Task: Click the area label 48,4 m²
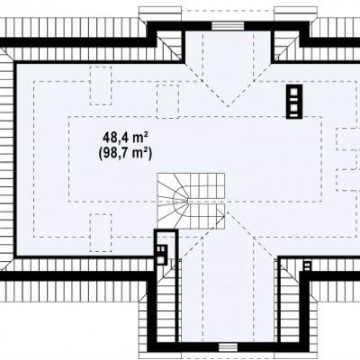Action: pos(125,138)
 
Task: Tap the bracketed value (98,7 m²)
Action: pos(125,153)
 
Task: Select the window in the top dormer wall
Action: pos(228,26)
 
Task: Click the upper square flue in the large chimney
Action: pos(294,91)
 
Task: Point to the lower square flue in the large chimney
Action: pos(294,107)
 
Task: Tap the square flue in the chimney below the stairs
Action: pos(161,260)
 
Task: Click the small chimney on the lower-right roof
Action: pos(307,266)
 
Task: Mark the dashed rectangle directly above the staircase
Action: pos(168,102)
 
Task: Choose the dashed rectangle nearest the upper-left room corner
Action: pos(101,85)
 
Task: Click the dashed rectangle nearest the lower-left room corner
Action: pos(101,232)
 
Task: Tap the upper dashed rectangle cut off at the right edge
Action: pos(348,139)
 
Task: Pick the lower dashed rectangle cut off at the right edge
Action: pos(348,180)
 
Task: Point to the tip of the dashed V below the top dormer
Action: pos(228,107)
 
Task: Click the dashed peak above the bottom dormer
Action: pos(228,212)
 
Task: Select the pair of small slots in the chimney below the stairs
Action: pos(161,248)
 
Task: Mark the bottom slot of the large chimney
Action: pos(294,114)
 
